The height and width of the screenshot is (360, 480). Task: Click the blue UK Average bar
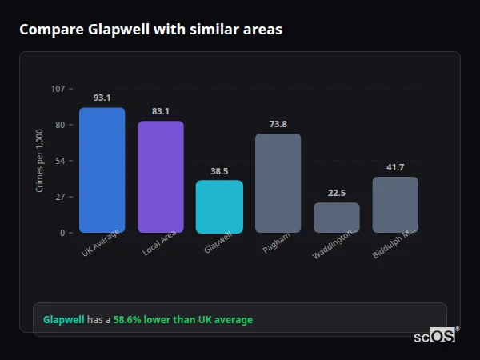(102, 170)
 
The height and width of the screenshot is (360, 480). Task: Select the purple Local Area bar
(161, 177)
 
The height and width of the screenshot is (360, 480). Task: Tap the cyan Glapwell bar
(219, 206)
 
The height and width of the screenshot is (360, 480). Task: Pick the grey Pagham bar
(278, 183)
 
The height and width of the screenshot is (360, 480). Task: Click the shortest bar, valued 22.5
(337, 218)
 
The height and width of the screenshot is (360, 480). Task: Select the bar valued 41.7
(395, 205)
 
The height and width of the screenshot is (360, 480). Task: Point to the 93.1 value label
(102, 98)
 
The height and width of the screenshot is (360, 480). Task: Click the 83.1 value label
(161, 111)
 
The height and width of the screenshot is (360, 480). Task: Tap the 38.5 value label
(219, 171)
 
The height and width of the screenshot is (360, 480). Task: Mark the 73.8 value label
(278, 124)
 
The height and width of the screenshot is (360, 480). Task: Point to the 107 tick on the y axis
(58, 89)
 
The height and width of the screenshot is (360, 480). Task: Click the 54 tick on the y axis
(61, 161)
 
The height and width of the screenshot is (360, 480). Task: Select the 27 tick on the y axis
(61, 197)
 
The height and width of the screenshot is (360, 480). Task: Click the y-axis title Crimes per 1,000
(40, 161)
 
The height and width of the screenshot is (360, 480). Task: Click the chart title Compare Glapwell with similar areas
(150, 30)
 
